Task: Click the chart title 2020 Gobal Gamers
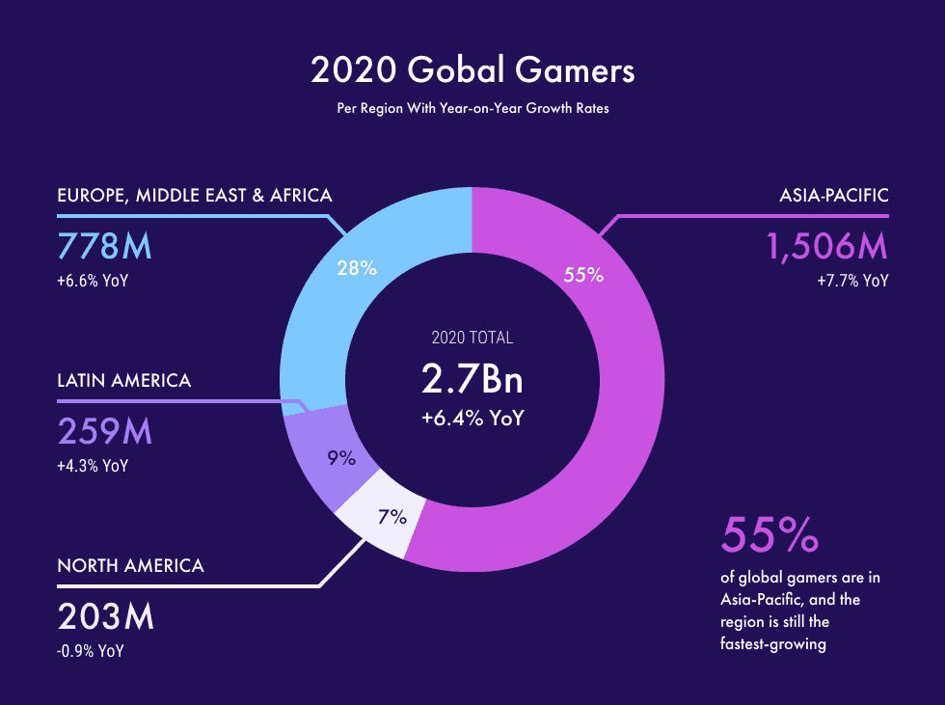click(x=472, y=70)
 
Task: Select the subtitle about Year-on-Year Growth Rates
click(x=472, y=108)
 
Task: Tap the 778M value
click(x=105, y=246)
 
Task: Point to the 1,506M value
click(x=826, y=247)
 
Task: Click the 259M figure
click(x=105, y=431)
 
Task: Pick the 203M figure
click(x=105, y=616)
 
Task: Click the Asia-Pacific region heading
click(x=834, y=196)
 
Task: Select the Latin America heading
click(x=124, y=380)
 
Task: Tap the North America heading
click(x=130, y=565)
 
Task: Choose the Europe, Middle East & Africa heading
click(x=195, y=196)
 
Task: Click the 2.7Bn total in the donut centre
click(x=472, y=379)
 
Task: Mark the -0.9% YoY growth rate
click(x=91, y=651)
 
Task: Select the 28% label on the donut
click(x=357, y=269)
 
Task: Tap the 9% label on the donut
click(x=341, y=458)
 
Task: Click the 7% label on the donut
click(x=391, y=517)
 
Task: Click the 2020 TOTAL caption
click(x=472, y=338)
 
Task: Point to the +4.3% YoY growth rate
click(x=93, y=466)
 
